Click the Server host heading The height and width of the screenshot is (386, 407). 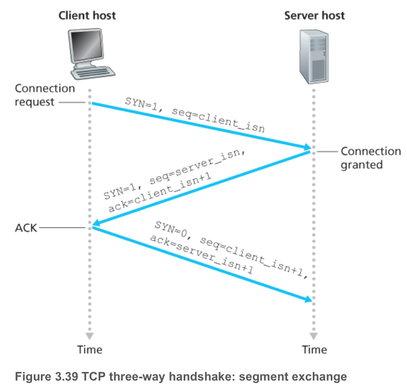314,15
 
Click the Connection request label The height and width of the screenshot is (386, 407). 37,95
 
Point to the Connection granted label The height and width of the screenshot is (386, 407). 370,158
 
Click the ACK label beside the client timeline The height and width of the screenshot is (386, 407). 26,227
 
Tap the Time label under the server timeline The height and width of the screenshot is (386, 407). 314,349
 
